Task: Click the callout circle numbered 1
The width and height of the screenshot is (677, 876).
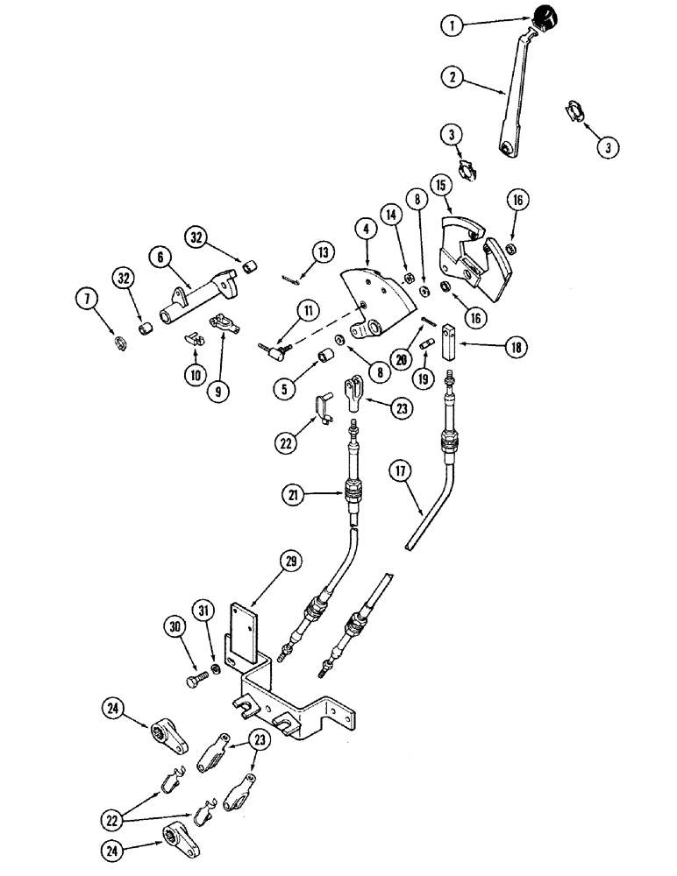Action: (x=453, y=26)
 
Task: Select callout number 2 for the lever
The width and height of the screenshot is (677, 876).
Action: (x=453, y=78)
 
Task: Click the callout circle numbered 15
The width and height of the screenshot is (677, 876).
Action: (x=440, y=186)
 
